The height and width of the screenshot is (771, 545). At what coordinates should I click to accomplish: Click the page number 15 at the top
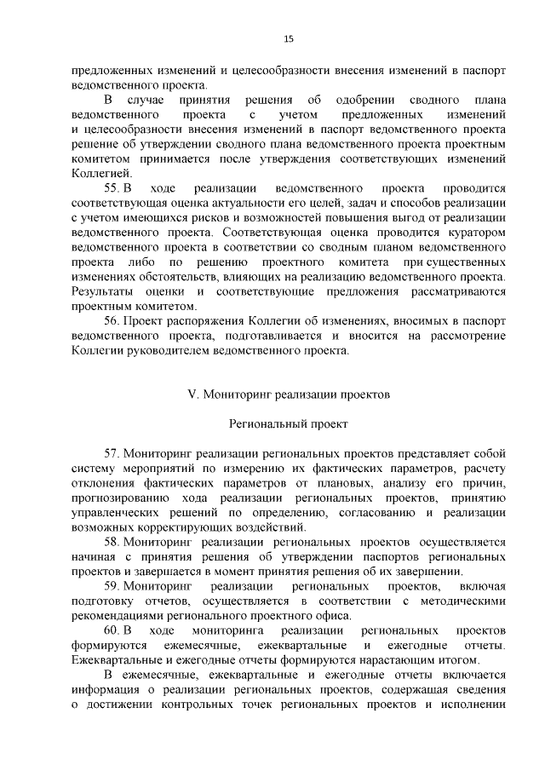coord(289,38)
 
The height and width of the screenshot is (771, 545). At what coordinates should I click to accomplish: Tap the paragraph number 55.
coord(112,187)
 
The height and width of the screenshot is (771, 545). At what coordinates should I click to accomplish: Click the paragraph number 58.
coord(112,541)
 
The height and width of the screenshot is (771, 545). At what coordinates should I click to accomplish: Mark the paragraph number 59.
coord(112,586)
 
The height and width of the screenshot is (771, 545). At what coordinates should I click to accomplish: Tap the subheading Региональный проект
coord(289,423)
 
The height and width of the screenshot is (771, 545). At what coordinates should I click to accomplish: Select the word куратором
coord(477,231)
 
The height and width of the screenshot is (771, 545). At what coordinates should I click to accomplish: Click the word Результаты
coord(105,291)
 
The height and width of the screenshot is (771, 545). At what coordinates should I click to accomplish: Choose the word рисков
coord(204,216)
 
